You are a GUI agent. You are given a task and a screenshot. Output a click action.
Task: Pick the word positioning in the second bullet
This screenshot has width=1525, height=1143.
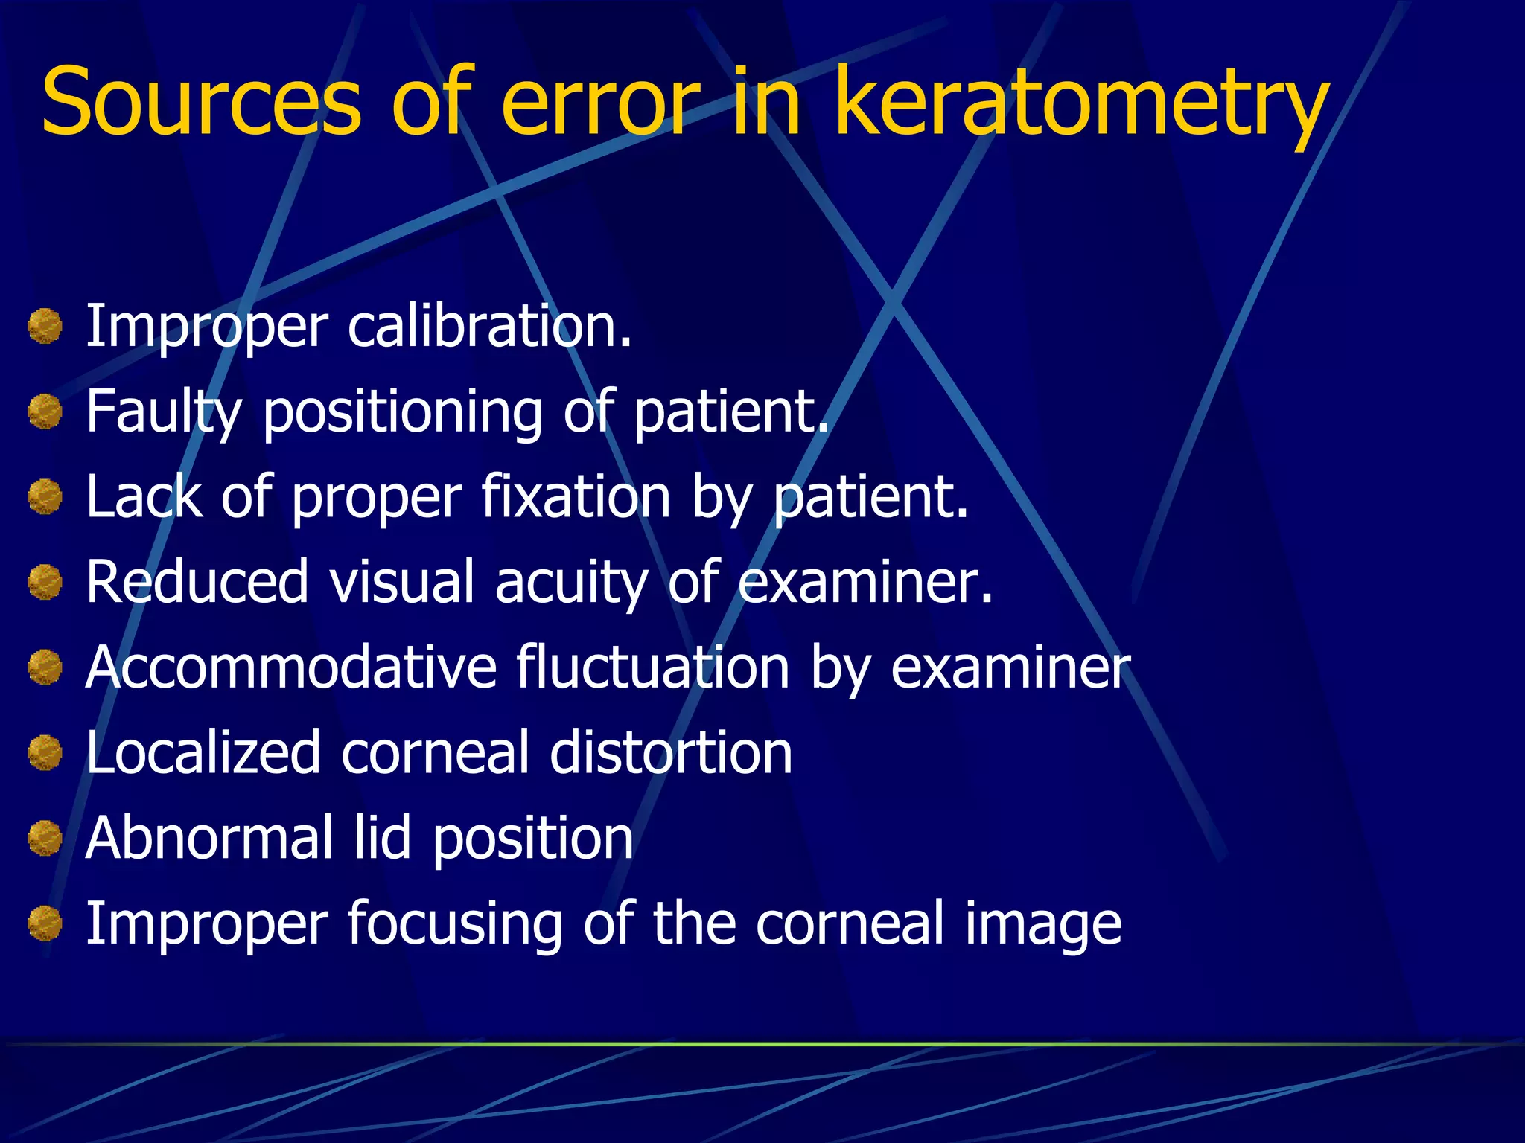(x=403, y=413)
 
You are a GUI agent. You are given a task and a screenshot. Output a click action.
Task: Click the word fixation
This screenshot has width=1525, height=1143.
(x=576, y=496)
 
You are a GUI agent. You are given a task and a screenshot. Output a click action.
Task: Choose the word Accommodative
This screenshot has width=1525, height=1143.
(x=291, y=667)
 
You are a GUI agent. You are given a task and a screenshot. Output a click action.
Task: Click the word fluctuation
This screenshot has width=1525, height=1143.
(x=652, y=667)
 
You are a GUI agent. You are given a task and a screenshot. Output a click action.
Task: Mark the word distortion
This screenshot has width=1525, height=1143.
(x=671, y=752)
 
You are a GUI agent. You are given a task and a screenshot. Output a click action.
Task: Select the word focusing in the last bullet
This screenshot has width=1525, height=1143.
(x=454, y=924)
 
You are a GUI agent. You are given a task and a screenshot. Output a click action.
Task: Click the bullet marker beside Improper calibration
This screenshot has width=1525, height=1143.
(x=45, y=327)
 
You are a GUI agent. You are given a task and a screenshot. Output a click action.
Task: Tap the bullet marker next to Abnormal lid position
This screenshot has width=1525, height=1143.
(x=45, y=838)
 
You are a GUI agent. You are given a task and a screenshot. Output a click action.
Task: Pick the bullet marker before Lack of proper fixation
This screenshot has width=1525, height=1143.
(x=45, y=497)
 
